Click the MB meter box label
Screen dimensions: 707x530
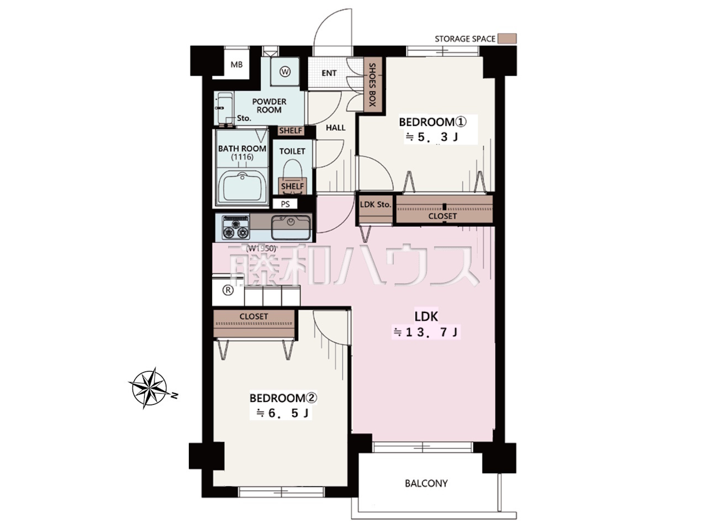point(236,65)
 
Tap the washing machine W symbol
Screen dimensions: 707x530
point(285,71)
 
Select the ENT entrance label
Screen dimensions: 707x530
point(329,73)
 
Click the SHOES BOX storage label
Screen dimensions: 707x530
point(372,84)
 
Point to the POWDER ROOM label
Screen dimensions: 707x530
point(269,105)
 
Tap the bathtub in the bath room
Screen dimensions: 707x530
point(242,187)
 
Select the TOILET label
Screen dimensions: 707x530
point(292,151)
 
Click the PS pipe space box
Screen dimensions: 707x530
point(285,204)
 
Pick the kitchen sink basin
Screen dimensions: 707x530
point(291,226)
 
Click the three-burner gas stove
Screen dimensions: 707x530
point(235,227)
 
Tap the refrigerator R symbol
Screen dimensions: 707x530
point(228,290)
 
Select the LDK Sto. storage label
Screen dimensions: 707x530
point(375,204)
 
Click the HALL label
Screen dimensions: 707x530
point(336,128)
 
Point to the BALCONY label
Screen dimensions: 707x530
point(426,483)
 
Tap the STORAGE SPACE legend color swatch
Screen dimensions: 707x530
point(507,39)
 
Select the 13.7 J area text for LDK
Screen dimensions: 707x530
point(426,332)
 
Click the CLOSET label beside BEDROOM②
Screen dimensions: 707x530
point(254,316)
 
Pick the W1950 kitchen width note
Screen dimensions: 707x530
point(261,248)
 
